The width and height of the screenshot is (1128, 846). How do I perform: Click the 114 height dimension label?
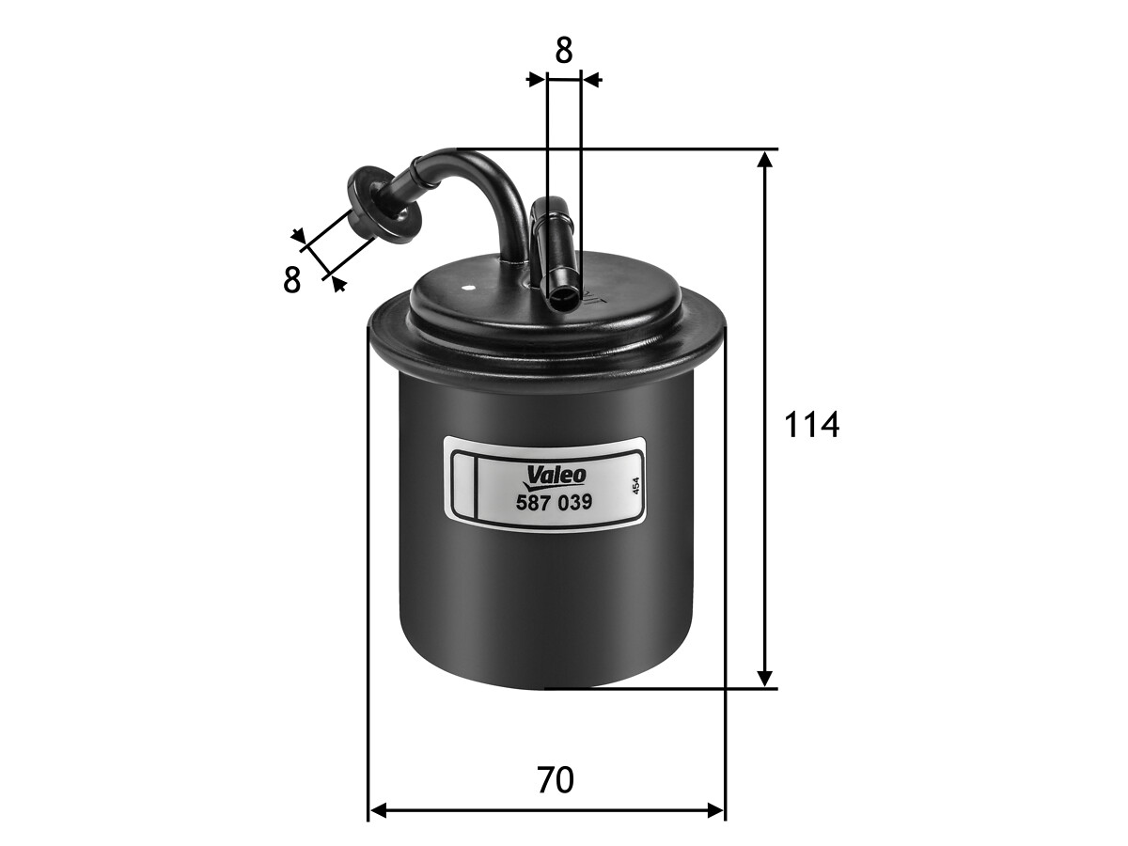[811, 425]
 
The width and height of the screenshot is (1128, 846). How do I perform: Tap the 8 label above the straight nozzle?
[564, 51]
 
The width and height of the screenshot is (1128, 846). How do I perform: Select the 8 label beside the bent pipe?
[291, 280]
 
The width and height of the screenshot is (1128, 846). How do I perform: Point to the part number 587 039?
[554, 502]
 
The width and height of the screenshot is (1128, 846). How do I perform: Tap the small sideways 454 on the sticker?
[635, 486]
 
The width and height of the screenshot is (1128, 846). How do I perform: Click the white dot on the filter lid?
[467, 289]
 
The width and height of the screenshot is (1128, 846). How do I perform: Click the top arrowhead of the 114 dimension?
[765, 159]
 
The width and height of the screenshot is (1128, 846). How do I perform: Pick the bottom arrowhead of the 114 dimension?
[765, 677]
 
